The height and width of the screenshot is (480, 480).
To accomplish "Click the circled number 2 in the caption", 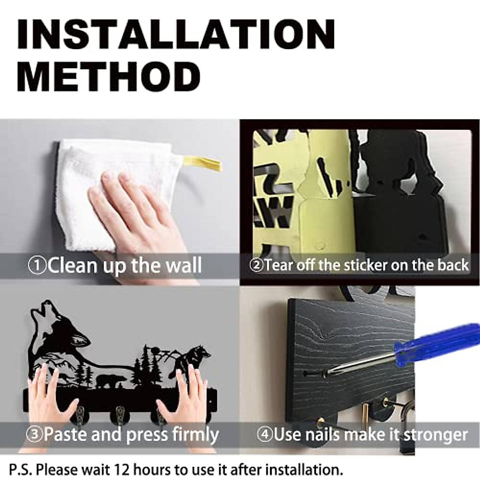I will pos(256,266).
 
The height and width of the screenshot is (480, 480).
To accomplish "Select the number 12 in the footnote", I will pos(122,469).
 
